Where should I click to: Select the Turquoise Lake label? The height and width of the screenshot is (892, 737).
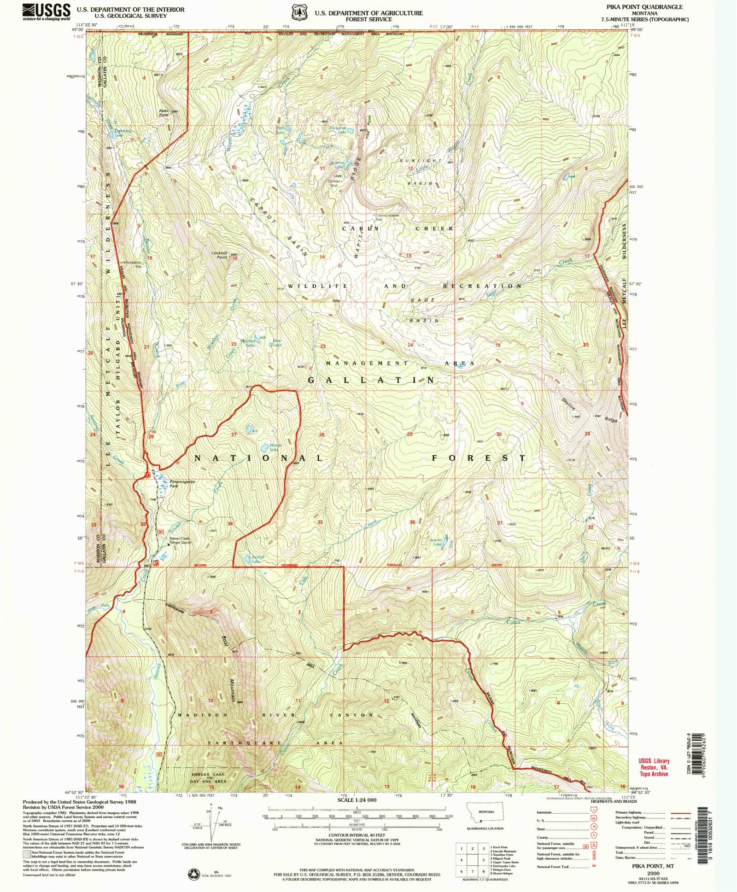[341, 130]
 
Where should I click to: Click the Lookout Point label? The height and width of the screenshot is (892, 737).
[220, 255]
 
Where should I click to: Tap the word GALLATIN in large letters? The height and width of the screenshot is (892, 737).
[371, 381]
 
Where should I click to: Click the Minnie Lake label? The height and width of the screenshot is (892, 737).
[275, 447]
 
